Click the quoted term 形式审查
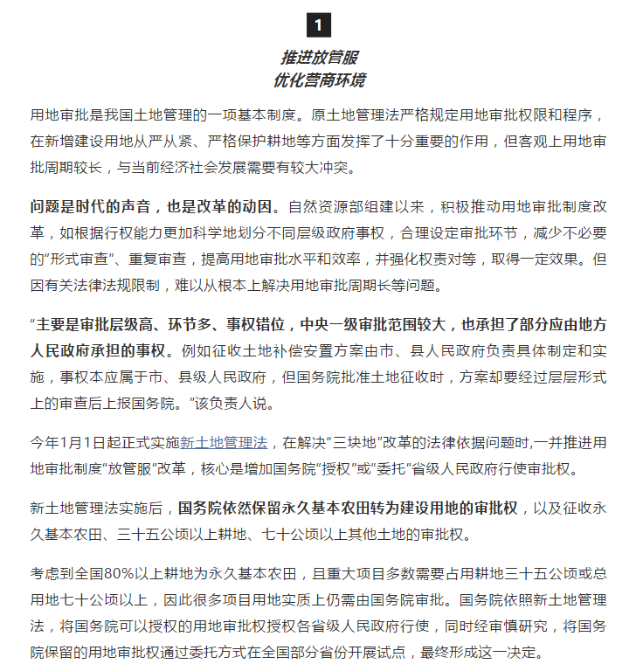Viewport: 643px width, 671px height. point(78,260)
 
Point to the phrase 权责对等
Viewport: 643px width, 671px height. point(486,260)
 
